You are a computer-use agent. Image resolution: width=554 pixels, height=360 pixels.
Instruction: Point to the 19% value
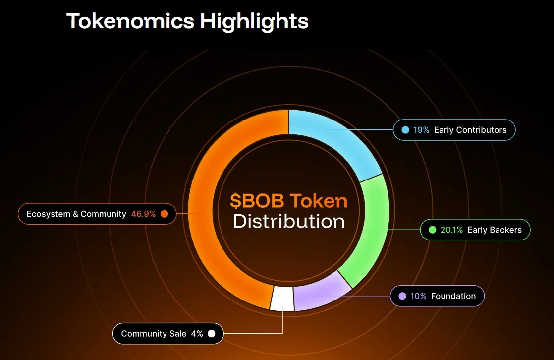[x=421, y=130]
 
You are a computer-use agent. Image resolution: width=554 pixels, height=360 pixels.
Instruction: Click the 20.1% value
[x=451, y=230]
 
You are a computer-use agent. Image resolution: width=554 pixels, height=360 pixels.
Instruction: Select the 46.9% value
[x=143, y=214]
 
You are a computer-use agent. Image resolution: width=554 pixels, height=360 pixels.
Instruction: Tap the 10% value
[x=418, y=296]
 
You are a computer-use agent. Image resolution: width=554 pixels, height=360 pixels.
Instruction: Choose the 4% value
[x=197, y=334]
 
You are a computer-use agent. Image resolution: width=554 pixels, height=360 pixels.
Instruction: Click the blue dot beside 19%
[x=405, y=130]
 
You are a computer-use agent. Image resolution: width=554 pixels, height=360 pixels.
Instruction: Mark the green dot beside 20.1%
[x=432, y=230]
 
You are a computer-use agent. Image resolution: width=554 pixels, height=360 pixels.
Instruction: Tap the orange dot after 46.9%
[x=165, y=214]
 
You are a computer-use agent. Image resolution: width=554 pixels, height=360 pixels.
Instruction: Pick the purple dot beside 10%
[x=402, y=296]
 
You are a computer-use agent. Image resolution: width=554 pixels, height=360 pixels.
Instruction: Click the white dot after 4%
[x=212, y=334]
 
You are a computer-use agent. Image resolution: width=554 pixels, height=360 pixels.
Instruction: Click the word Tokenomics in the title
[x=130, y=21]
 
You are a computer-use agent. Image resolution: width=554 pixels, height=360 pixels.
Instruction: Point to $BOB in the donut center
[x=257, y=201]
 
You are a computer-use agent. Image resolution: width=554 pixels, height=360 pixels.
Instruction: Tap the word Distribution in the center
[x=289, y=221]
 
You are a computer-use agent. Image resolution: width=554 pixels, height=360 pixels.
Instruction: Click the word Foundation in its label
[x=453, y=296]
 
